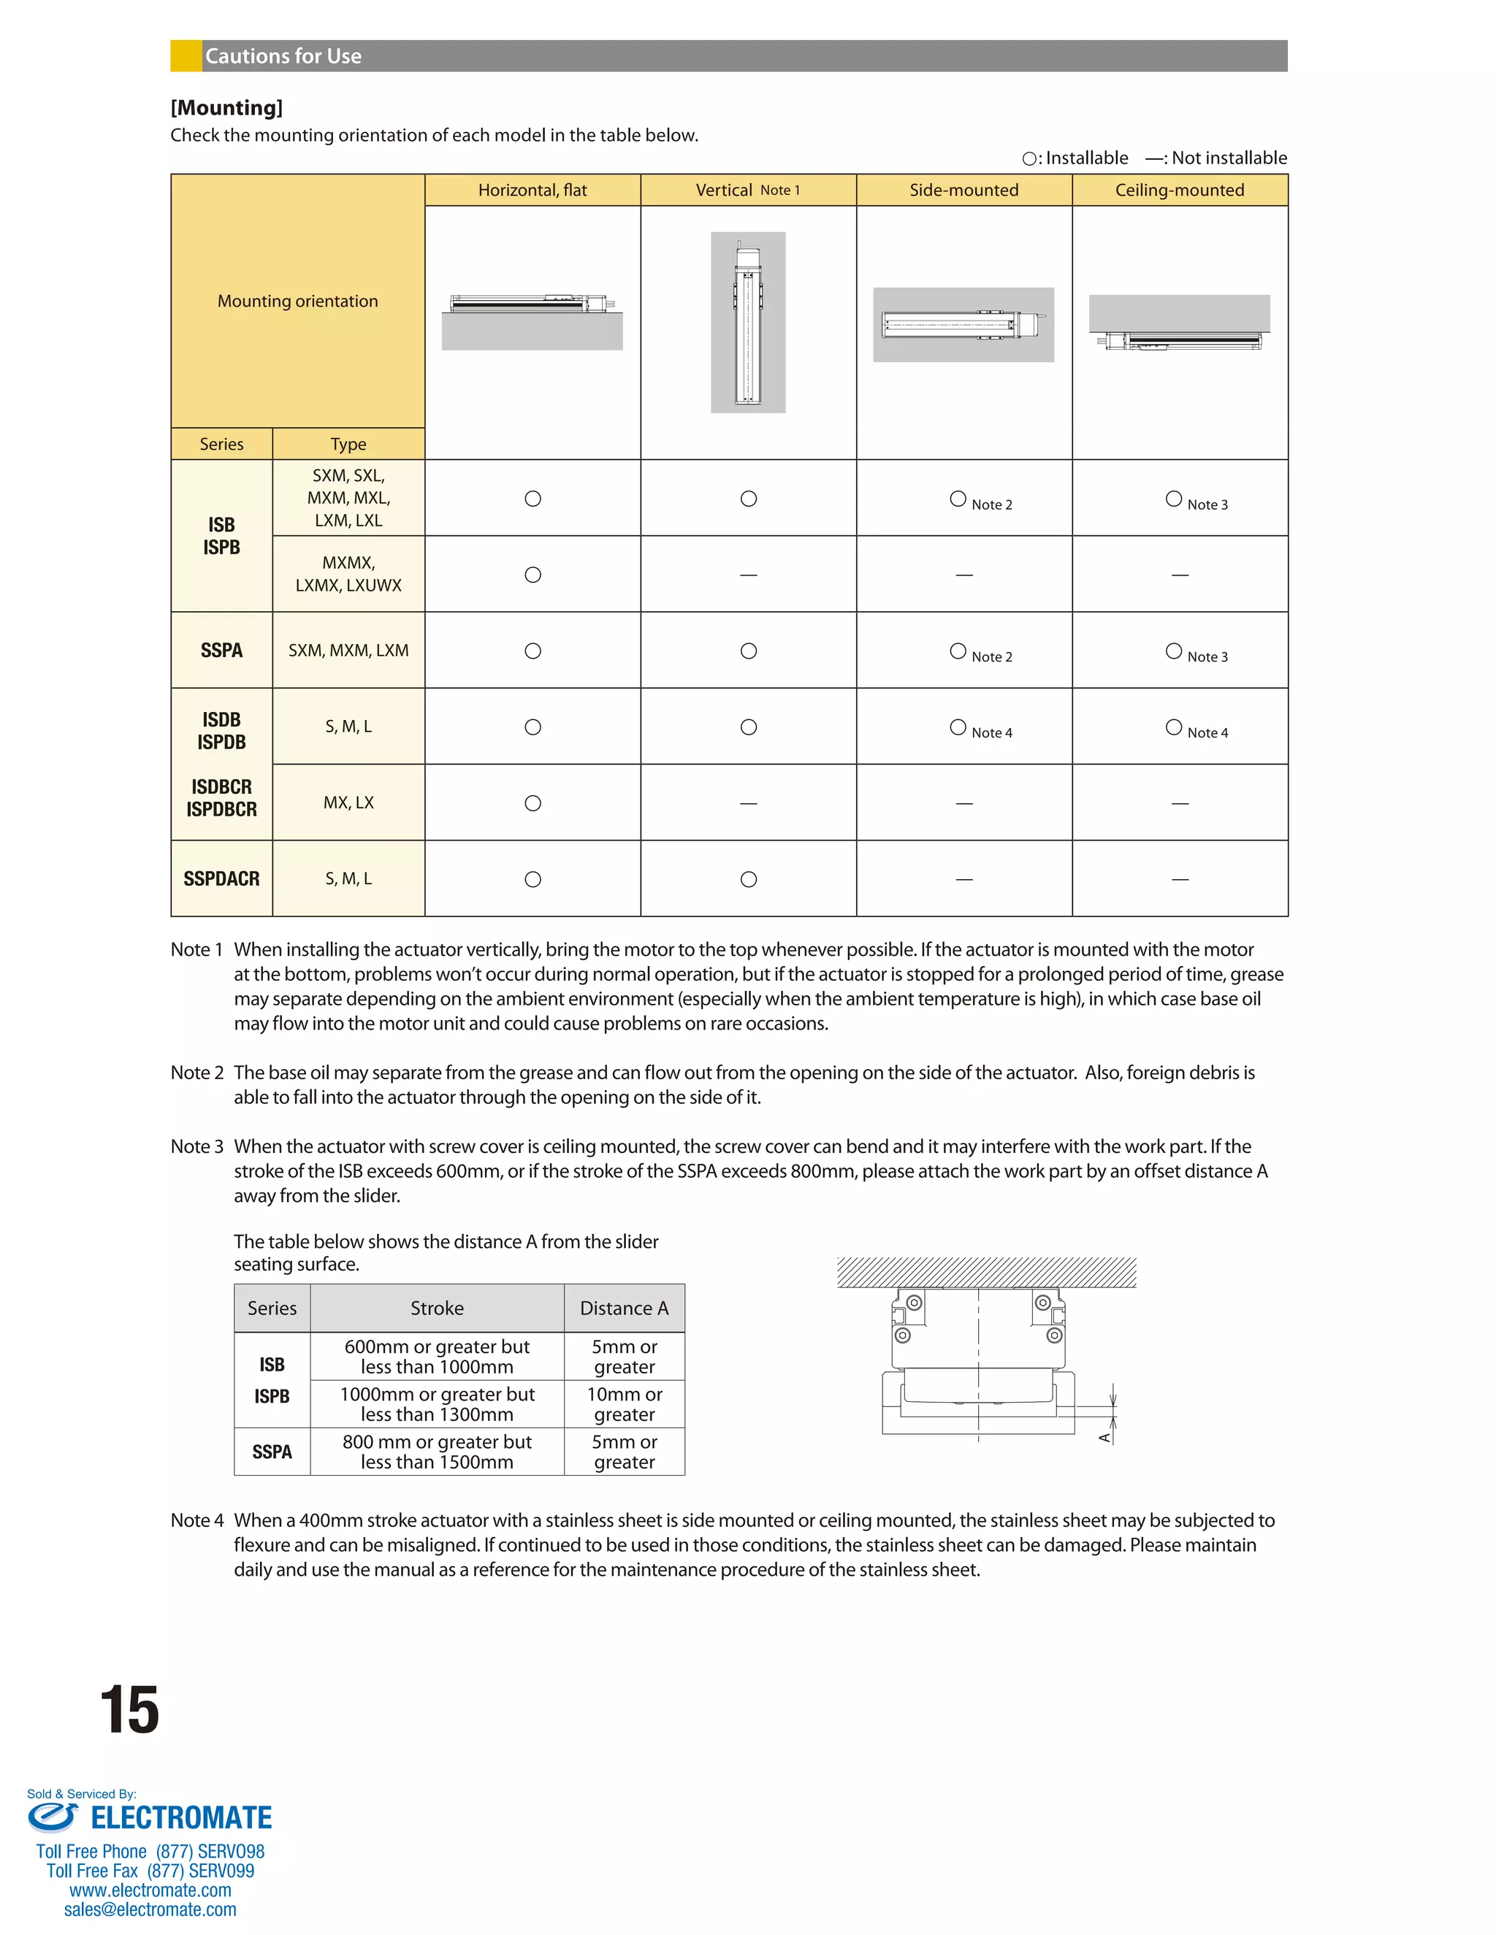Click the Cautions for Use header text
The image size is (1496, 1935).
[283, 55]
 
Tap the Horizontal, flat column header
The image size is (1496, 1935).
[532, 190]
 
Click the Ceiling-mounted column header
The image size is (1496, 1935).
[1179, 190]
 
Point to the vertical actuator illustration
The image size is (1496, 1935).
[748, 323]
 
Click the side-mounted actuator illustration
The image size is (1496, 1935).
[963, 324]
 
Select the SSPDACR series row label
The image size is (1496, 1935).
[221, 879]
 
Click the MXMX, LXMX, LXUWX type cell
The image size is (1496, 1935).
[348, 574]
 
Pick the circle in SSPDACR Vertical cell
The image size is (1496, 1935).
[748, 879]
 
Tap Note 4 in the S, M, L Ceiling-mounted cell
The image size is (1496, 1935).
[1207, 732]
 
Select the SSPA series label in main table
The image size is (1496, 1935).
[221, 651]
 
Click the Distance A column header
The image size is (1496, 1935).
[624, 1308]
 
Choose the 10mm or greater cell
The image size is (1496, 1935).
[624, 1404]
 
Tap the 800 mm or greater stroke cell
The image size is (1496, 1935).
[437, 1452]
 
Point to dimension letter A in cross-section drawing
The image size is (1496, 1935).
[1104, 1437]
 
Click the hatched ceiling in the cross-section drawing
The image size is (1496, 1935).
[985, 1272]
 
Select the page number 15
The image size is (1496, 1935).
[129, 1710]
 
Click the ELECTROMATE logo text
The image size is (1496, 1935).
[181, 1818]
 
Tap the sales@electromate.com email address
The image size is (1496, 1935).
[150, 1909]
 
